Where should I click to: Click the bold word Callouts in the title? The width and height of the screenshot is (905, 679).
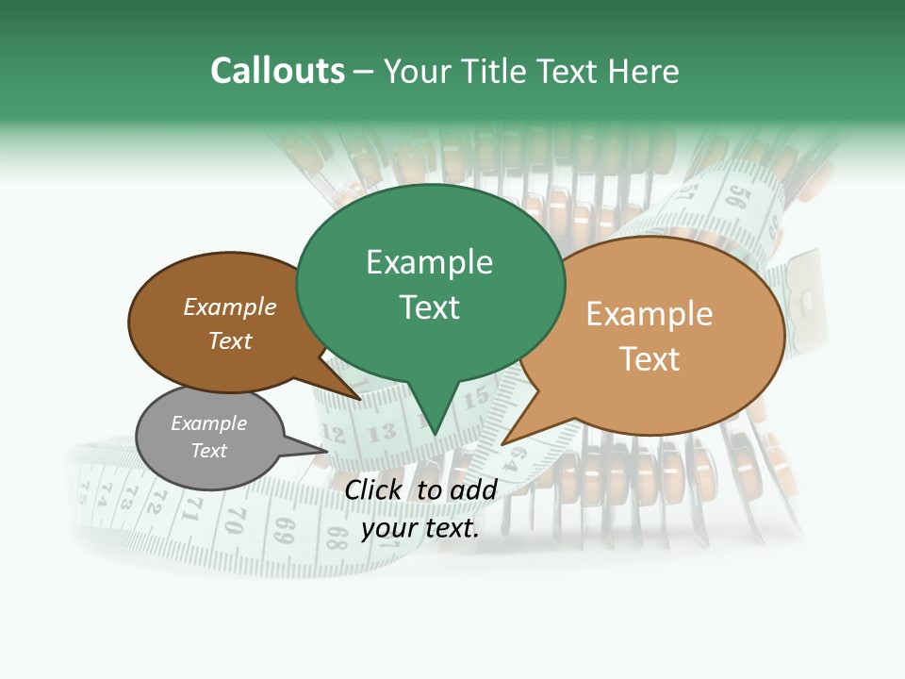pyautogui.click(x=277, y=71)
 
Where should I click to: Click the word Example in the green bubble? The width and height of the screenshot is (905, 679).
pyautogui.click(x=429, y=262)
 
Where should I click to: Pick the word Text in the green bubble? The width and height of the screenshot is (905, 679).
pyautogui.click(x=429, y=307)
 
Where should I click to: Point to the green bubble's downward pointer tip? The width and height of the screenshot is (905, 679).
pyautogui.click(x=435, y=433)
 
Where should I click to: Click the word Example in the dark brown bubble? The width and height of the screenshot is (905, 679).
pyautogui.click(x=230, y=307)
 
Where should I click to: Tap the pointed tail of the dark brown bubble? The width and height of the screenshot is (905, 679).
pyautogui.click(x=358, y=398)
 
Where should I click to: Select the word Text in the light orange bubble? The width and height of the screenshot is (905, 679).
pyautogui.click(x=650, y=359)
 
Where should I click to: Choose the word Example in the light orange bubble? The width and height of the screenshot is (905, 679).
pyautogui.click(x=650, y=314)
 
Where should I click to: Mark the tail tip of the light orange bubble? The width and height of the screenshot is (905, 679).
pyautogui.click(x=504, y=443)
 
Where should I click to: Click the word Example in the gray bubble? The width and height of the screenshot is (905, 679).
pyautogui.click(x=208, y=423)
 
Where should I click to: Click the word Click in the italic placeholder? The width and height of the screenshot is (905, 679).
pyautogui.click(x=374, y=489)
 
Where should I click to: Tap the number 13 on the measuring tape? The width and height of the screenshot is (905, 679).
pyautogui.click(x=381, y=434)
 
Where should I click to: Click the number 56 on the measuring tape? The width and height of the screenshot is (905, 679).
pyautogui.click(x=740, y=197)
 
